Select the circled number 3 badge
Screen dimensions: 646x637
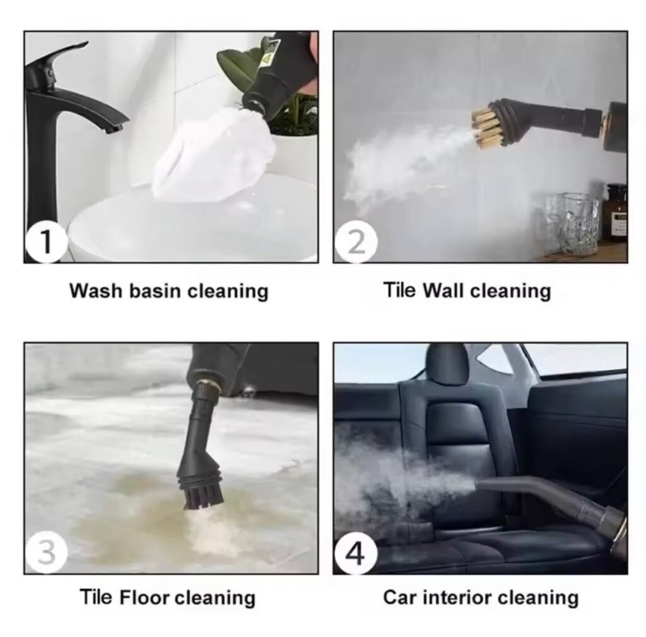pos(45,552)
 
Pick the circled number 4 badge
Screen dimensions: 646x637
pos(356,552)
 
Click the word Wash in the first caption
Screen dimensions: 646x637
pos(96,291)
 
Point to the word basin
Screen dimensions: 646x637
pos(155,291)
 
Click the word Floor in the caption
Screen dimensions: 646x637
pos(144,597)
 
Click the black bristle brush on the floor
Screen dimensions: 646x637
pos(203,497)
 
